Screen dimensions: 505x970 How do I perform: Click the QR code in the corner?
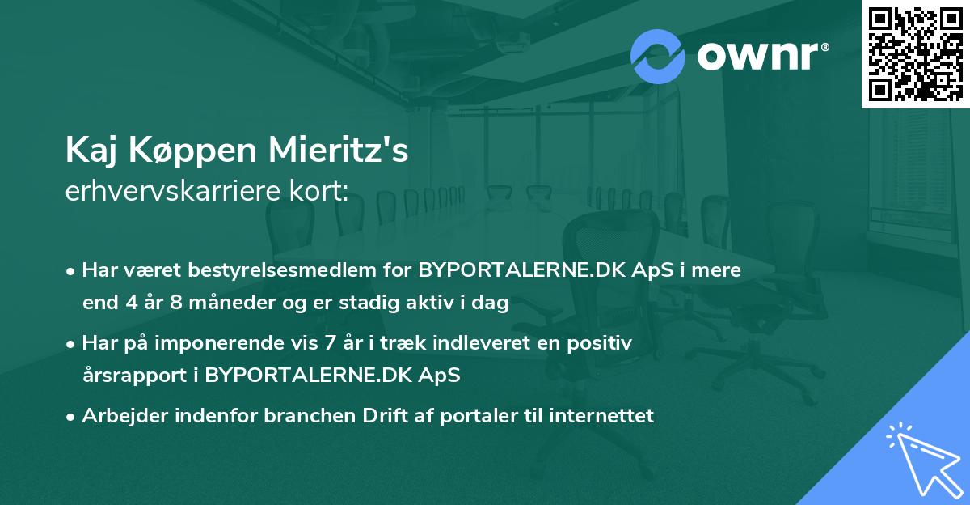pos(916,53)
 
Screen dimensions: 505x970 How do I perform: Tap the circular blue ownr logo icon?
pos(658,56)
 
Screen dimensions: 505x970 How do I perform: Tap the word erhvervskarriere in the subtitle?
pos(175,190)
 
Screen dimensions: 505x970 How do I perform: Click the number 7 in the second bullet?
pos(330,343)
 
